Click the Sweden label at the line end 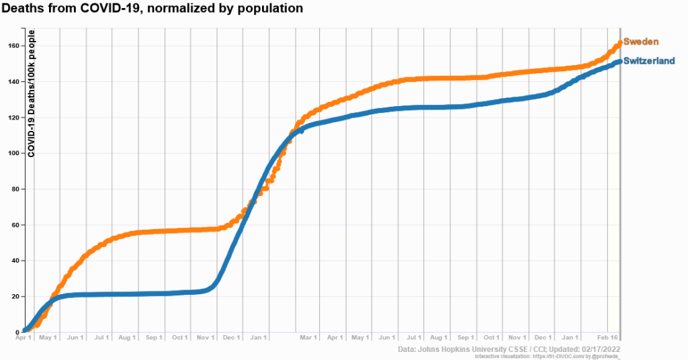[x=640, y=42]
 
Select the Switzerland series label [x=649, y=61]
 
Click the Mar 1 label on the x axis [x=308, y=337]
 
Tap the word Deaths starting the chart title [x=20, y=9]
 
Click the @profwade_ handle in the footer [x=603, y=356]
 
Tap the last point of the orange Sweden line [x=619, y=44]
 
